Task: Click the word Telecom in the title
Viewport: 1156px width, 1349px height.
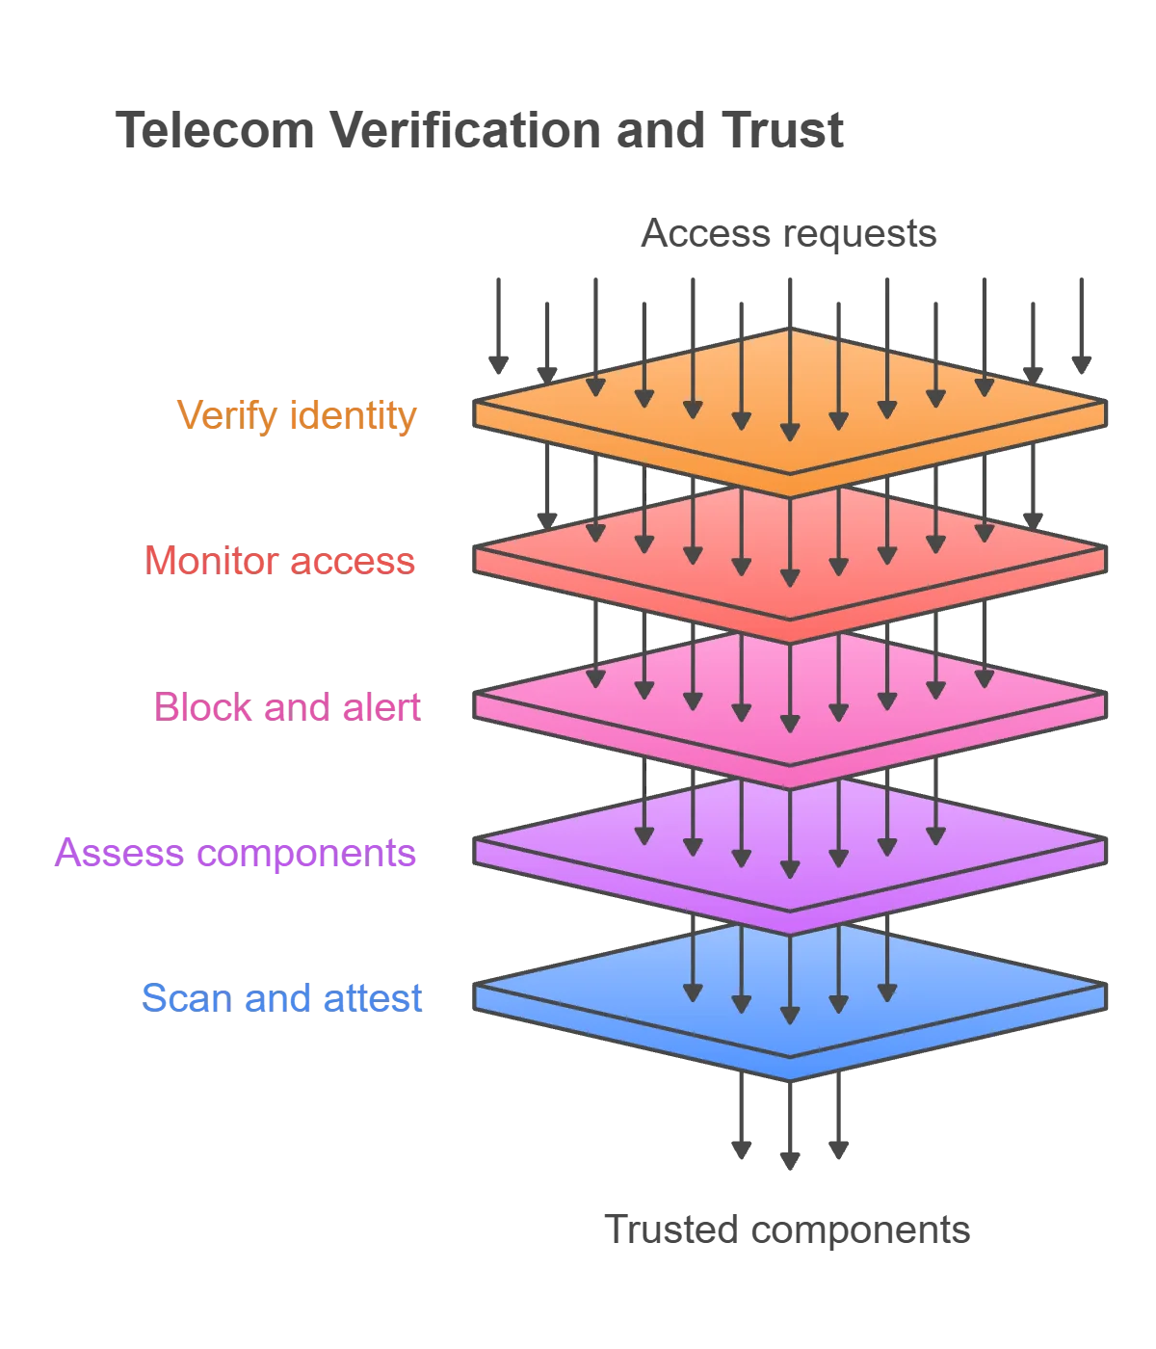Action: click(x=215, y=130)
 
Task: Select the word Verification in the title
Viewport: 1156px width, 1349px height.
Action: click(x=466, y=130)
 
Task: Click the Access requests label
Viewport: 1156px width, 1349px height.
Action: click(x=788, y=233)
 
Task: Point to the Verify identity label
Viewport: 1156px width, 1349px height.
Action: click(x=297, y=415)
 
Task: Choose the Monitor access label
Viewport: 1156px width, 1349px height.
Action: click(x=280, y=561)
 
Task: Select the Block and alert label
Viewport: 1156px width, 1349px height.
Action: click(x=287, y=707)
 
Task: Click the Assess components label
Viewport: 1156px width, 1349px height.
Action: click(x=235, y=853)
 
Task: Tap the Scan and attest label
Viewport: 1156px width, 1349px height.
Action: click(x=282, y=998)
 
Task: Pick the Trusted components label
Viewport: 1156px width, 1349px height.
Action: click(x=787, y=1230)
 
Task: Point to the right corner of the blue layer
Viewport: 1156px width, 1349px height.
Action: click(x=1107, y=984)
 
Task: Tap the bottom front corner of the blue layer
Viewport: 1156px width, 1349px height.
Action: click(x=790, y=1081)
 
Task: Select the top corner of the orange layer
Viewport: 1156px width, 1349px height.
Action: click(x=790, y=329)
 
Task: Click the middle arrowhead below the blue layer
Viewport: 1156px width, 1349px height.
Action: click(x=790, y=1161)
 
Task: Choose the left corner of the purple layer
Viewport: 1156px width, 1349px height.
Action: click(x=474, y=838)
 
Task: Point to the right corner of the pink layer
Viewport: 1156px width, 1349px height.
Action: click(x=1107, y=693)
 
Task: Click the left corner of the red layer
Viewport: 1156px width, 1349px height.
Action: click(x=474, y=546)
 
